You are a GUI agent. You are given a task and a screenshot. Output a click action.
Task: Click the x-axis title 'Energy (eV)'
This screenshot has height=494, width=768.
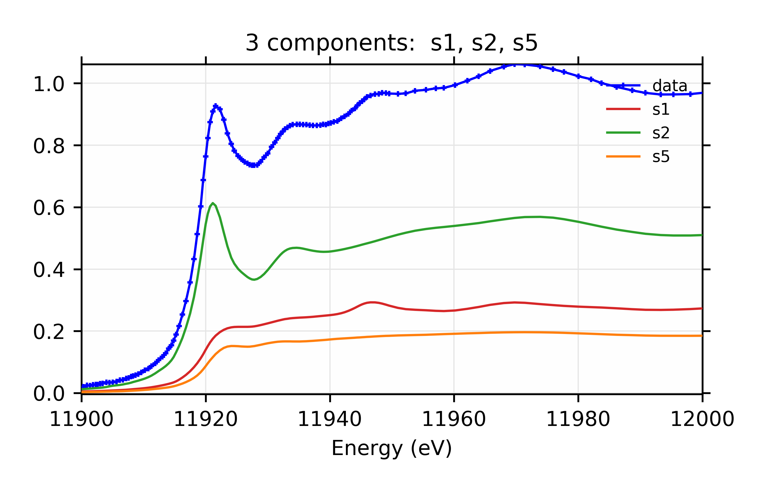pyautogui.click(x=391, y=448)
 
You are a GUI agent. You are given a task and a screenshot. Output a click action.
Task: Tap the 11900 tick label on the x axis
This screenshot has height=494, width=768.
pyautogui.click(x=81, y=419)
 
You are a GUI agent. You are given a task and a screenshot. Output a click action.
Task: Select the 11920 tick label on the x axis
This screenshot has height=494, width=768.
pyautogui.click(x=205, y=419)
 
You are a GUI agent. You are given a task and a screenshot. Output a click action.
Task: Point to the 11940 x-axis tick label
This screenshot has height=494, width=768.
pyautogui.click(x=330, y=419)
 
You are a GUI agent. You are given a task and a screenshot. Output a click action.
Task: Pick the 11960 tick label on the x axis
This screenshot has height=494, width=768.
pyautogui.click(x=454, y=419)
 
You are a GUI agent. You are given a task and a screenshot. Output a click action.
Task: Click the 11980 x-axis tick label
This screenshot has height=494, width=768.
pyautogui.click(x=578, y=419)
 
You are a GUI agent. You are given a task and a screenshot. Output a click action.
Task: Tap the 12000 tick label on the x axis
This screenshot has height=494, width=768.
pyautogui.click(x=702, y=419)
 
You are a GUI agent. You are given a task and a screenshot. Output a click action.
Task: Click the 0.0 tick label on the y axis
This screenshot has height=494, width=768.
pyautogui.click(x=49, y=394)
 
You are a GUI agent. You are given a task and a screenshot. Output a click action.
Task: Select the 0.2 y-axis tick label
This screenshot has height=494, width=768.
pyautogui.click(x=49, y=332)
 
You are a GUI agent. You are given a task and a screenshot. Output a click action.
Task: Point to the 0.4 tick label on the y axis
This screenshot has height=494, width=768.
pyautogui.click(x=49, y=270)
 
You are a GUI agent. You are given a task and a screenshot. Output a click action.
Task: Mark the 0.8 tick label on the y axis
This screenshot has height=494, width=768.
pyautogui.click(x=49, y=146)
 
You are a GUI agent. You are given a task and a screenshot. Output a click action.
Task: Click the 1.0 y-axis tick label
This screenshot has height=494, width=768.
pyautogui.click(x=49, y=84)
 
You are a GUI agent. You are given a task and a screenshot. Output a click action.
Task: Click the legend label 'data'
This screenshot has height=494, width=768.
pyautogui.click(x=670, y=86)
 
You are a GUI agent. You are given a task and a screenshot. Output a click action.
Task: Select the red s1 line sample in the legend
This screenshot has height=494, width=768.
pyautogui.click(x=623, y=109)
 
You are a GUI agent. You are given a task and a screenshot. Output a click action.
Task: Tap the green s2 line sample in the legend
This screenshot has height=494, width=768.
pyautogui.click(x=623, y=133)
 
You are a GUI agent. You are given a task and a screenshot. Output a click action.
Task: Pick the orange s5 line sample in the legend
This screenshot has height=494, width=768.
pyautogui.click(x=623, y=156)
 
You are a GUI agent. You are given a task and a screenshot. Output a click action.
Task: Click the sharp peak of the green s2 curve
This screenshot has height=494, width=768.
pyautogui.click(x=213, y=203)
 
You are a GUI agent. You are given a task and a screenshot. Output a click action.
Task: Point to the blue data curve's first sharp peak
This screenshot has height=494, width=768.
pyautogui.click(x=215, y=106)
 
